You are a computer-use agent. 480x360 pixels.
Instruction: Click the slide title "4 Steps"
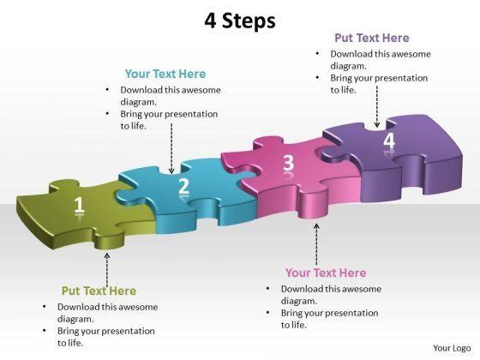(x=240, y=21)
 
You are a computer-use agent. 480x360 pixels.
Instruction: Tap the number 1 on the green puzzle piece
(x=79, y=204)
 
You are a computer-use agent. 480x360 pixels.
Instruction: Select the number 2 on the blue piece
(x=184, y=185)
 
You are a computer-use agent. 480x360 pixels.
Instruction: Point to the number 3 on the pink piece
(x=288, y=163)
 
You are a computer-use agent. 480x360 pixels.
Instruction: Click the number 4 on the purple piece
(x=389, y=141)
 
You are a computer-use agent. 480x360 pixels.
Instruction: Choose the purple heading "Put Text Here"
(x=372, y=38)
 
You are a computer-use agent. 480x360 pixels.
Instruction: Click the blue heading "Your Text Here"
(x=165, y=74)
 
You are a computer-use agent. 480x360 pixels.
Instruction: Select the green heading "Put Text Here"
(x=99, y=291)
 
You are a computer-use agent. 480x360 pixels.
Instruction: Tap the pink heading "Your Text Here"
(x=326, y=273)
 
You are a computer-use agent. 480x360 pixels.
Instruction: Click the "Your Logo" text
(x=452, y=348)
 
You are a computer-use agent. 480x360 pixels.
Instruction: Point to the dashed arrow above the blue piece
(x=171, y=148)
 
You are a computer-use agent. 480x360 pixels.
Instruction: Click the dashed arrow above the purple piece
(x=377, y=106)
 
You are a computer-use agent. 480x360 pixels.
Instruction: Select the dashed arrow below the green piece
(x=107, y=270)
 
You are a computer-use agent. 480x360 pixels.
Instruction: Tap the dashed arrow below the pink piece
(x=316, y=244)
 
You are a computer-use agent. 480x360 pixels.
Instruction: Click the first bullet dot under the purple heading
(x=317, y=54)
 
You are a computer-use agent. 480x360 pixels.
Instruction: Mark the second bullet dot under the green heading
(x=45, y=331)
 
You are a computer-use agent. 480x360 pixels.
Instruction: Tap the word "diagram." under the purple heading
(x=348, y=66)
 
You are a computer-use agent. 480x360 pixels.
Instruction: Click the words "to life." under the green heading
(x=70, y=343)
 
